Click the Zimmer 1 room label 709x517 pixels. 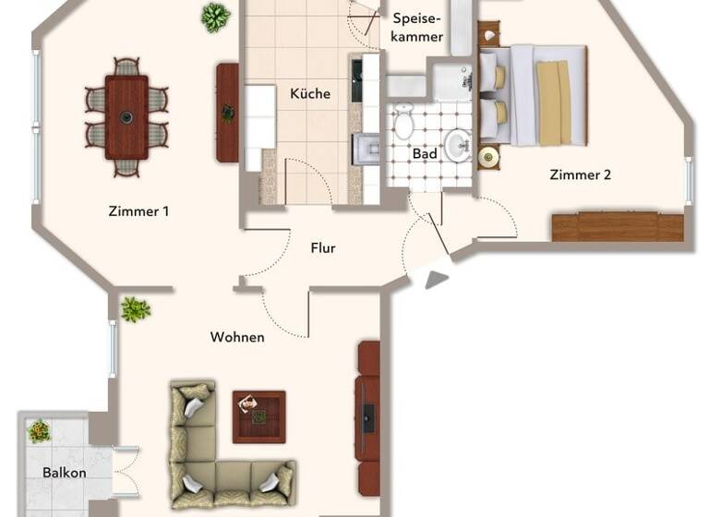(x=138, y=211)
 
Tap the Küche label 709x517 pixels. (x=309, y=94)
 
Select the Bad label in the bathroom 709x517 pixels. (x=425, y=154)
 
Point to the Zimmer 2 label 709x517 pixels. (x=580, y=174)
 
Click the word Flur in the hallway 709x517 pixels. (x=322, y=248)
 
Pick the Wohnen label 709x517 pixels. (x=237, y=337)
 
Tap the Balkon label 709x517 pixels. (x=65, y=474)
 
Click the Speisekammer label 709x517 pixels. (x=417, y=26)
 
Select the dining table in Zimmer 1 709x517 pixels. (x=126, y=116)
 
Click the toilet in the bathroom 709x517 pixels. (x=403, y=121)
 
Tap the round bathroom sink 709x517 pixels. (x=456, y=142)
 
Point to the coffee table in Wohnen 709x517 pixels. (x=258, y=415)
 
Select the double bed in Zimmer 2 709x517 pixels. (x=534, y=94)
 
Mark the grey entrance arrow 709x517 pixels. (x=437, y=278)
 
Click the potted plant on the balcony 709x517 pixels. (x=39, y=430)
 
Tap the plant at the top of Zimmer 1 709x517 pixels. (x=215, y=17)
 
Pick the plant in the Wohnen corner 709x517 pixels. (x=136, y=309)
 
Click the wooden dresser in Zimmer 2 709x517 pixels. (x=618, y=227)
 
